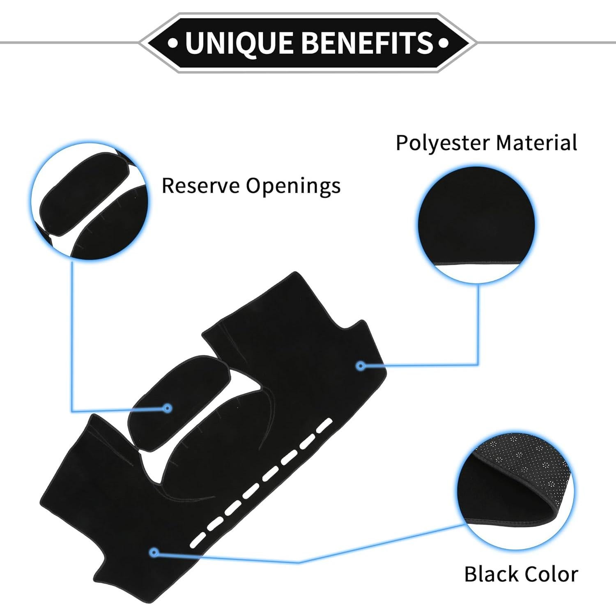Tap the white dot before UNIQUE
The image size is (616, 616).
(x=173, y=43)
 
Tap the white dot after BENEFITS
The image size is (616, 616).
(x=443, y=43)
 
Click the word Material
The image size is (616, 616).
(x=536, y=143)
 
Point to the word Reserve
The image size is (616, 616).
(x=200, y=186)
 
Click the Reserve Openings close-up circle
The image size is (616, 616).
(x=90, y=202)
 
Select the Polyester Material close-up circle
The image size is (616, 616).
(x=476, y=225)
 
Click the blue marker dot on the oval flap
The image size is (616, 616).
(x=167, y=408)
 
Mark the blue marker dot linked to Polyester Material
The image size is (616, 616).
(x=361, y=365)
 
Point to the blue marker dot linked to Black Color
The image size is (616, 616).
(x=154, y=552)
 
